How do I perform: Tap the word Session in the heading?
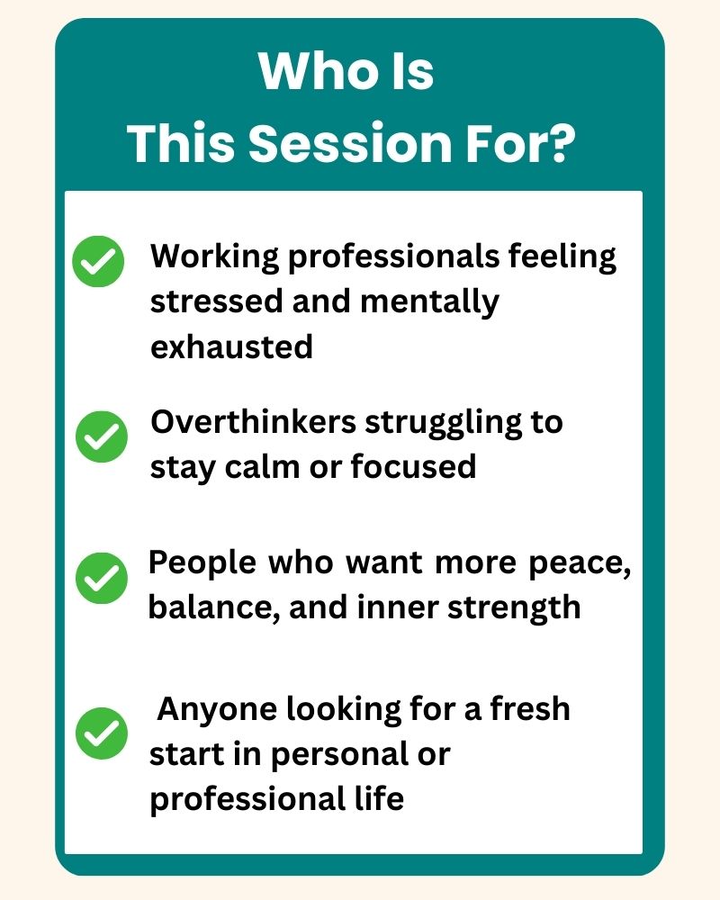point(350,142)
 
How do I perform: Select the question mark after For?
point(559,142)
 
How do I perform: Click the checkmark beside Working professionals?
point(98,261)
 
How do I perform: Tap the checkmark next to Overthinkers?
point(102,436)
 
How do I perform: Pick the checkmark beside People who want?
point(102,578)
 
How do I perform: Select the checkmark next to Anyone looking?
point(102,733)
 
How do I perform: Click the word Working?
point(215,256)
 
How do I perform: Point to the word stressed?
point(217,301)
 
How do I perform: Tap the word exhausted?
point(231,346)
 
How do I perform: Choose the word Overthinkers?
point(253,422)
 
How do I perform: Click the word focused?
point(413,466)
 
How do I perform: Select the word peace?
point(580,563)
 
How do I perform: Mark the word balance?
point(215,607)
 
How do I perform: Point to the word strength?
point(514,607)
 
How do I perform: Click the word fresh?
point(530,708)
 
